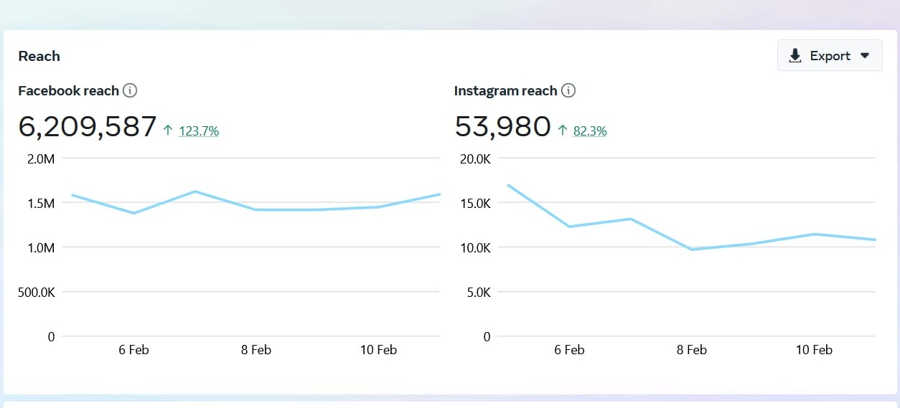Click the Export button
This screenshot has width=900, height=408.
830,56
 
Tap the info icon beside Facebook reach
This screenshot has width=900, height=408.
130,90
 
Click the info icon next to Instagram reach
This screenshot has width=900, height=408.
568,90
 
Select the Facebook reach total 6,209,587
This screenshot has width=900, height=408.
87,126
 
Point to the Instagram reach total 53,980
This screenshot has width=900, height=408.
502,126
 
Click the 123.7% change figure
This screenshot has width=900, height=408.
199,131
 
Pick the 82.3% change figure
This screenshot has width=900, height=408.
590,131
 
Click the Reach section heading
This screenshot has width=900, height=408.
39,56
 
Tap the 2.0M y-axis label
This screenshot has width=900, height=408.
41,158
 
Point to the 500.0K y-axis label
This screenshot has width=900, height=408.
36,292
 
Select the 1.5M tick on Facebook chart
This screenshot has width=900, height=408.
41,203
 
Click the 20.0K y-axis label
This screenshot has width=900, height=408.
475,158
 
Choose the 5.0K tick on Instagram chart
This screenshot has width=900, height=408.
477,292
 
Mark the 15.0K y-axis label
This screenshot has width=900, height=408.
475,203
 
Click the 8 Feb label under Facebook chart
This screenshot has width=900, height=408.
256,350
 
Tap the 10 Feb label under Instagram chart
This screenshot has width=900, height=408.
814,350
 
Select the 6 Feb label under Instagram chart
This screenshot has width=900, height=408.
569,350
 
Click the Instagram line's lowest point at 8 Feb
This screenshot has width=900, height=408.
692,249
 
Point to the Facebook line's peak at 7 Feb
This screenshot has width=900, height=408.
195,191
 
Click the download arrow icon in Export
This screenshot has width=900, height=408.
794,56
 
